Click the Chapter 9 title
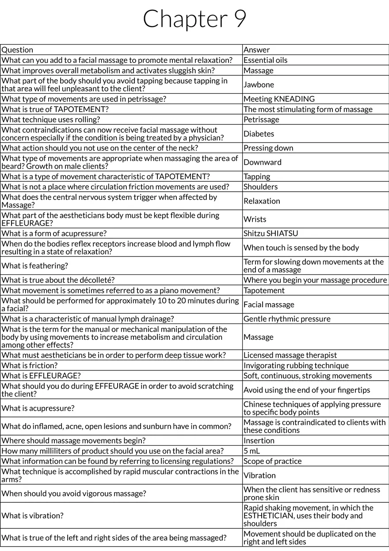pos(194,19)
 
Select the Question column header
pos(17,50)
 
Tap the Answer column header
pos(256,50)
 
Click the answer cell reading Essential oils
pos(265,60)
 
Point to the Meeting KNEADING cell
pos(279,99)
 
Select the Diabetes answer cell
pos(259,134)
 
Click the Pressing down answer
pos(268,148)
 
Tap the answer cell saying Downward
pos(262,162)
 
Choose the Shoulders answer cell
pos(260,187)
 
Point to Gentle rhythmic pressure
pos(287,319)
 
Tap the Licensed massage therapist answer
pos(290,355)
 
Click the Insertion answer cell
pos(259,441)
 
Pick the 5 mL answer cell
pos(252,451)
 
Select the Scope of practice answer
pos(272,461)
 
